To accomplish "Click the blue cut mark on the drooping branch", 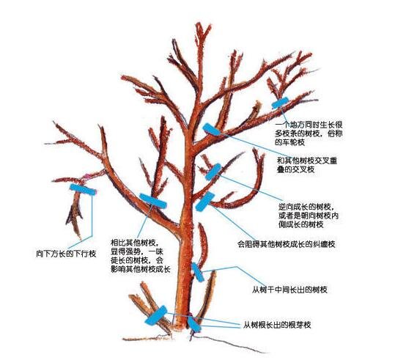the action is pos(83,190).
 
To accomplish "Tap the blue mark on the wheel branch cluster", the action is pos(280,103).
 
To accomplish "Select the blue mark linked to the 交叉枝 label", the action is pos(211,130).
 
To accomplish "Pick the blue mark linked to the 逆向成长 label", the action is pos(213,172).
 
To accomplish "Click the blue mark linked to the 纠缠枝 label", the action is pos(204,201).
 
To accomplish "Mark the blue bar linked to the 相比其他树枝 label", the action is pos(153,201).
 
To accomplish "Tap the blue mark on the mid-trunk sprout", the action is pos(198,272).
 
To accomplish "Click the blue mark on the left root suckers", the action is pos(156,315).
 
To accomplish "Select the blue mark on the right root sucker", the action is pos(194,324).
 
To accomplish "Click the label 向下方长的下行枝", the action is pos(66,254).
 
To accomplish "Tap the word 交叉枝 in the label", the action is pos(303,169).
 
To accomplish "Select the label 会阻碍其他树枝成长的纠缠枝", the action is pos(287,244).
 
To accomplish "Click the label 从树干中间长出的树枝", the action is pos(289,290).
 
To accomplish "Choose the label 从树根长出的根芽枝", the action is pos(277,325).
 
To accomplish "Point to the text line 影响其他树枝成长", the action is pos(141,269).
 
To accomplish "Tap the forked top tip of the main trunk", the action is pos(199,25).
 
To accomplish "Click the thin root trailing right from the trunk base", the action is pos(230,344).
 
